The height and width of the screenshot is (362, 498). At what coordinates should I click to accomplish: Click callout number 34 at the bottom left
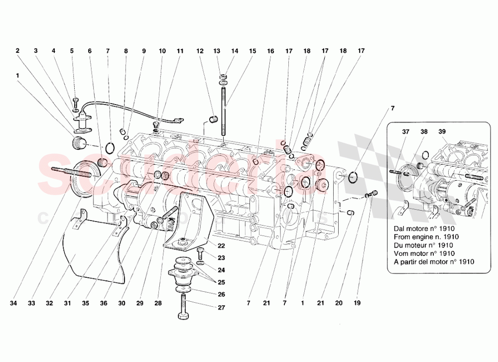point(17,302)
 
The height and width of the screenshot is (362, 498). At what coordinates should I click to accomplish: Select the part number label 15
point(252,51)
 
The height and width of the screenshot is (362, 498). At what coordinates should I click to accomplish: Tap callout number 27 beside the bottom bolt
point(222,307)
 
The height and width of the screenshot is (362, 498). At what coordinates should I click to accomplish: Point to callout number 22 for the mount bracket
point(222,245)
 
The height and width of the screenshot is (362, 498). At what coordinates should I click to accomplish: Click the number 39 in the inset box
point(443,132)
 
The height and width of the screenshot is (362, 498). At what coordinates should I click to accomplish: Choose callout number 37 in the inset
point(406,132)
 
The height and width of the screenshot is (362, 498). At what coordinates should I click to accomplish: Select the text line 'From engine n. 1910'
point(426,237)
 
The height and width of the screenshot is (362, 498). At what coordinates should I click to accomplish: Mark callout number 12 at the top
point(200,51)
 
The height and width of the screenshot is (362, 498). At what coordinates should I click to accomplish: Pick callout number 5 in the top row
point(72,51)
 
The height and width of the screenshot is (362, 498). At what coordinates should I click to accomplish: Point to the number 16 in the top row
point(270,51)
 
